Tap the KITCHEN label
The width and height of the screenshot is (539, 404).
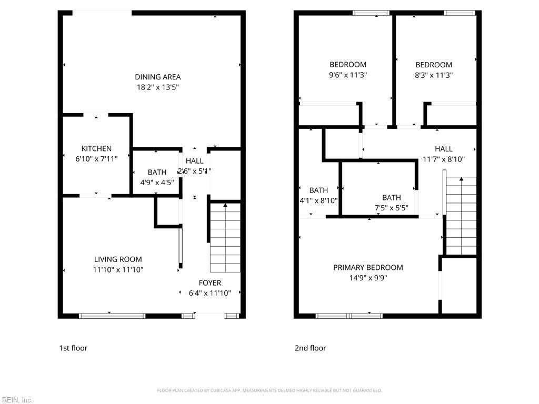(96, 149)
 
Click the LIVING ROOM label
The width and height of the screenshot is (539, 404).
(118, 259)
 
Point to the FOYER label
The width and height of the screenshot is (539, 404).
(209, 283)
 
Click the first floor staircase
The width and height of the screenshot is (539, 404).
(225, 237)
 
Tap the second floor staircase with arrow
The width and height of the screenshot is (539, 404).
(461, 216)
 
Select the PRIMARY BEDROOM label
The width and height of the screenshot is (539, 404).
(368, 267)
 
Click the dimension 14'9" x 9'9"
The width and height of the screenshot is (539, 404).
(368, 278)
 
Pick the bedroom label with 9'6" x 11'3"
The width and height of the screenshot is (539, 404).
(348, 65)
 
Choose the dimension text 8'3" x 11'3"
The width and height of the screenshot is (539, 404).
(434, 75)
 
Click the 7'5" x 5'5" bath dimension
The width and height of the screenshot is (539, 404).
(391, 208)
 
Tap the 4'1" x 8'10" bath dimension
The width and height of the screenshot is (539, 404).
(318, 200)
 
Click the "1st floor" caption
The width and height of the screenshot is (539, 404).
(73, 348)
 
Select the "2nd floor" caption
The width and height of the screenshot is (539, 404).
(310, 348)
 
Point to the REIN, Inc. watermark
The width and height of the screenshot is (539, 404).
(17, 400)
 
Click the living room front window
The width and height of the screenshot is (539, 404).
(112, 316)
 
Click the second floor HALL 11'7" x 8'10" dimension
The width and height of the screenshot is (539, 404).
(444, 159)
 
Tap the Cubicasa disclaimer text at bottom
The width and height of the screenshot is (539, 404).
(269, 390)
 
